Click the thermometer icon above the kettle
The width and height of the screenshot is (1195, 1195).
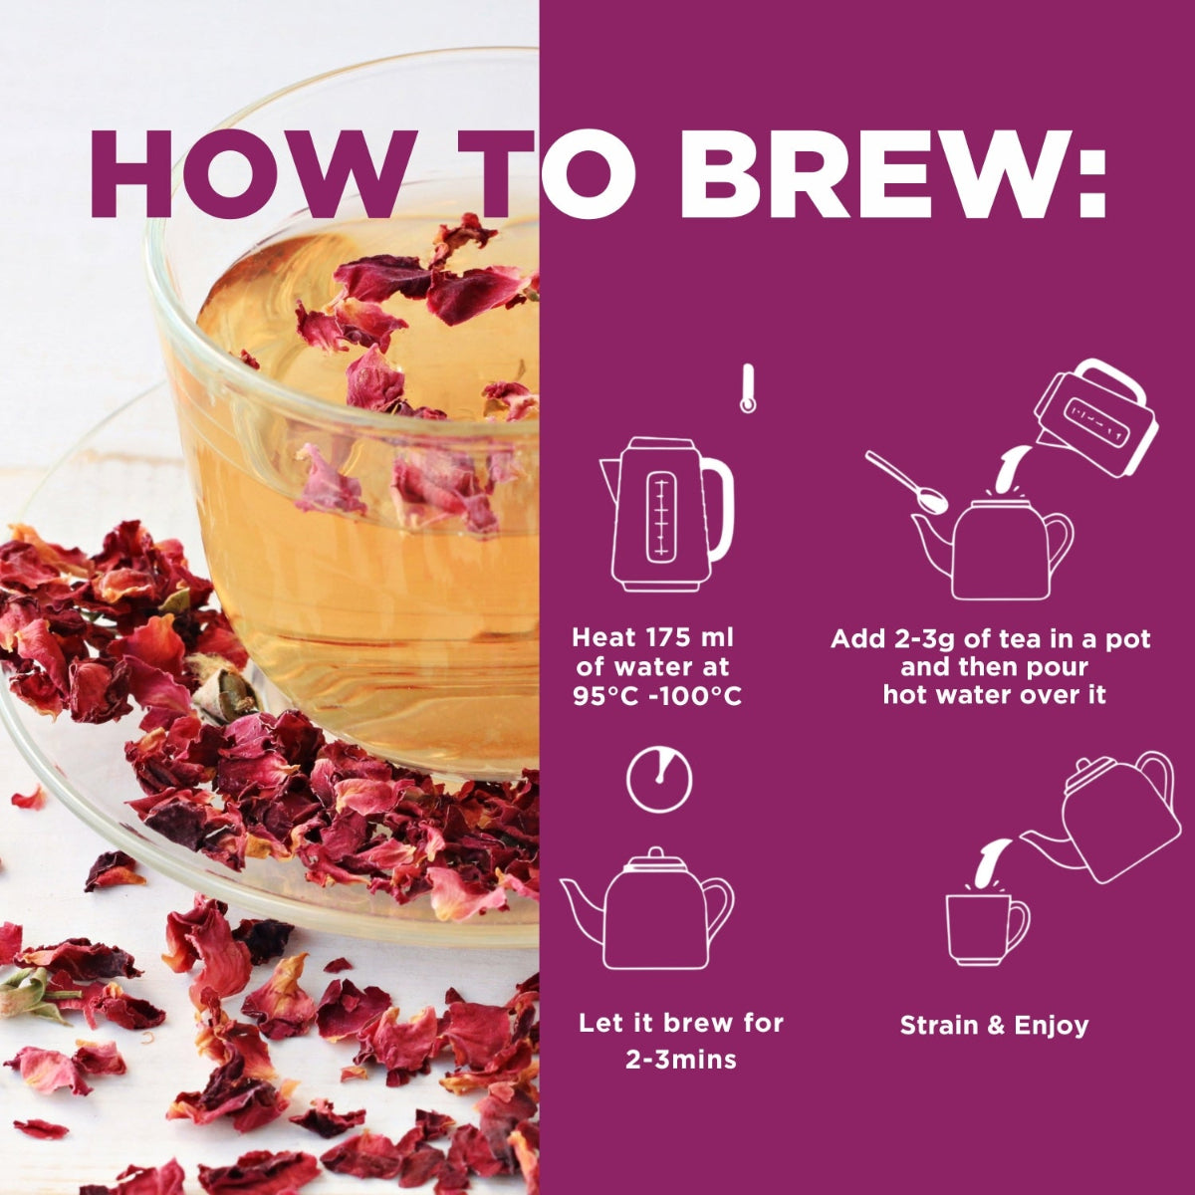[x=748, y=388]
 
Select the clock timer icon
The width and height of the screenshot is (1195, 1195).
[x=659, y=780]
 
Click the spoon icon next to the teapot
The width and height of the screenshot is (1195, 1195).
[x=906, y=482]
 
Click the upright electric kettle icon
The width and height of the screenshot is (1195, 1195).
[x=666, y=514]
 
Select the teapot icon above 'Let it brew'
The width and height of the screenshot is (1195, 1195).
[x=647, y=908]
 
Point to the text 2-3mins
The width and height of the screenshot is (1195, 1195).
[x=680, y=1060]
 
